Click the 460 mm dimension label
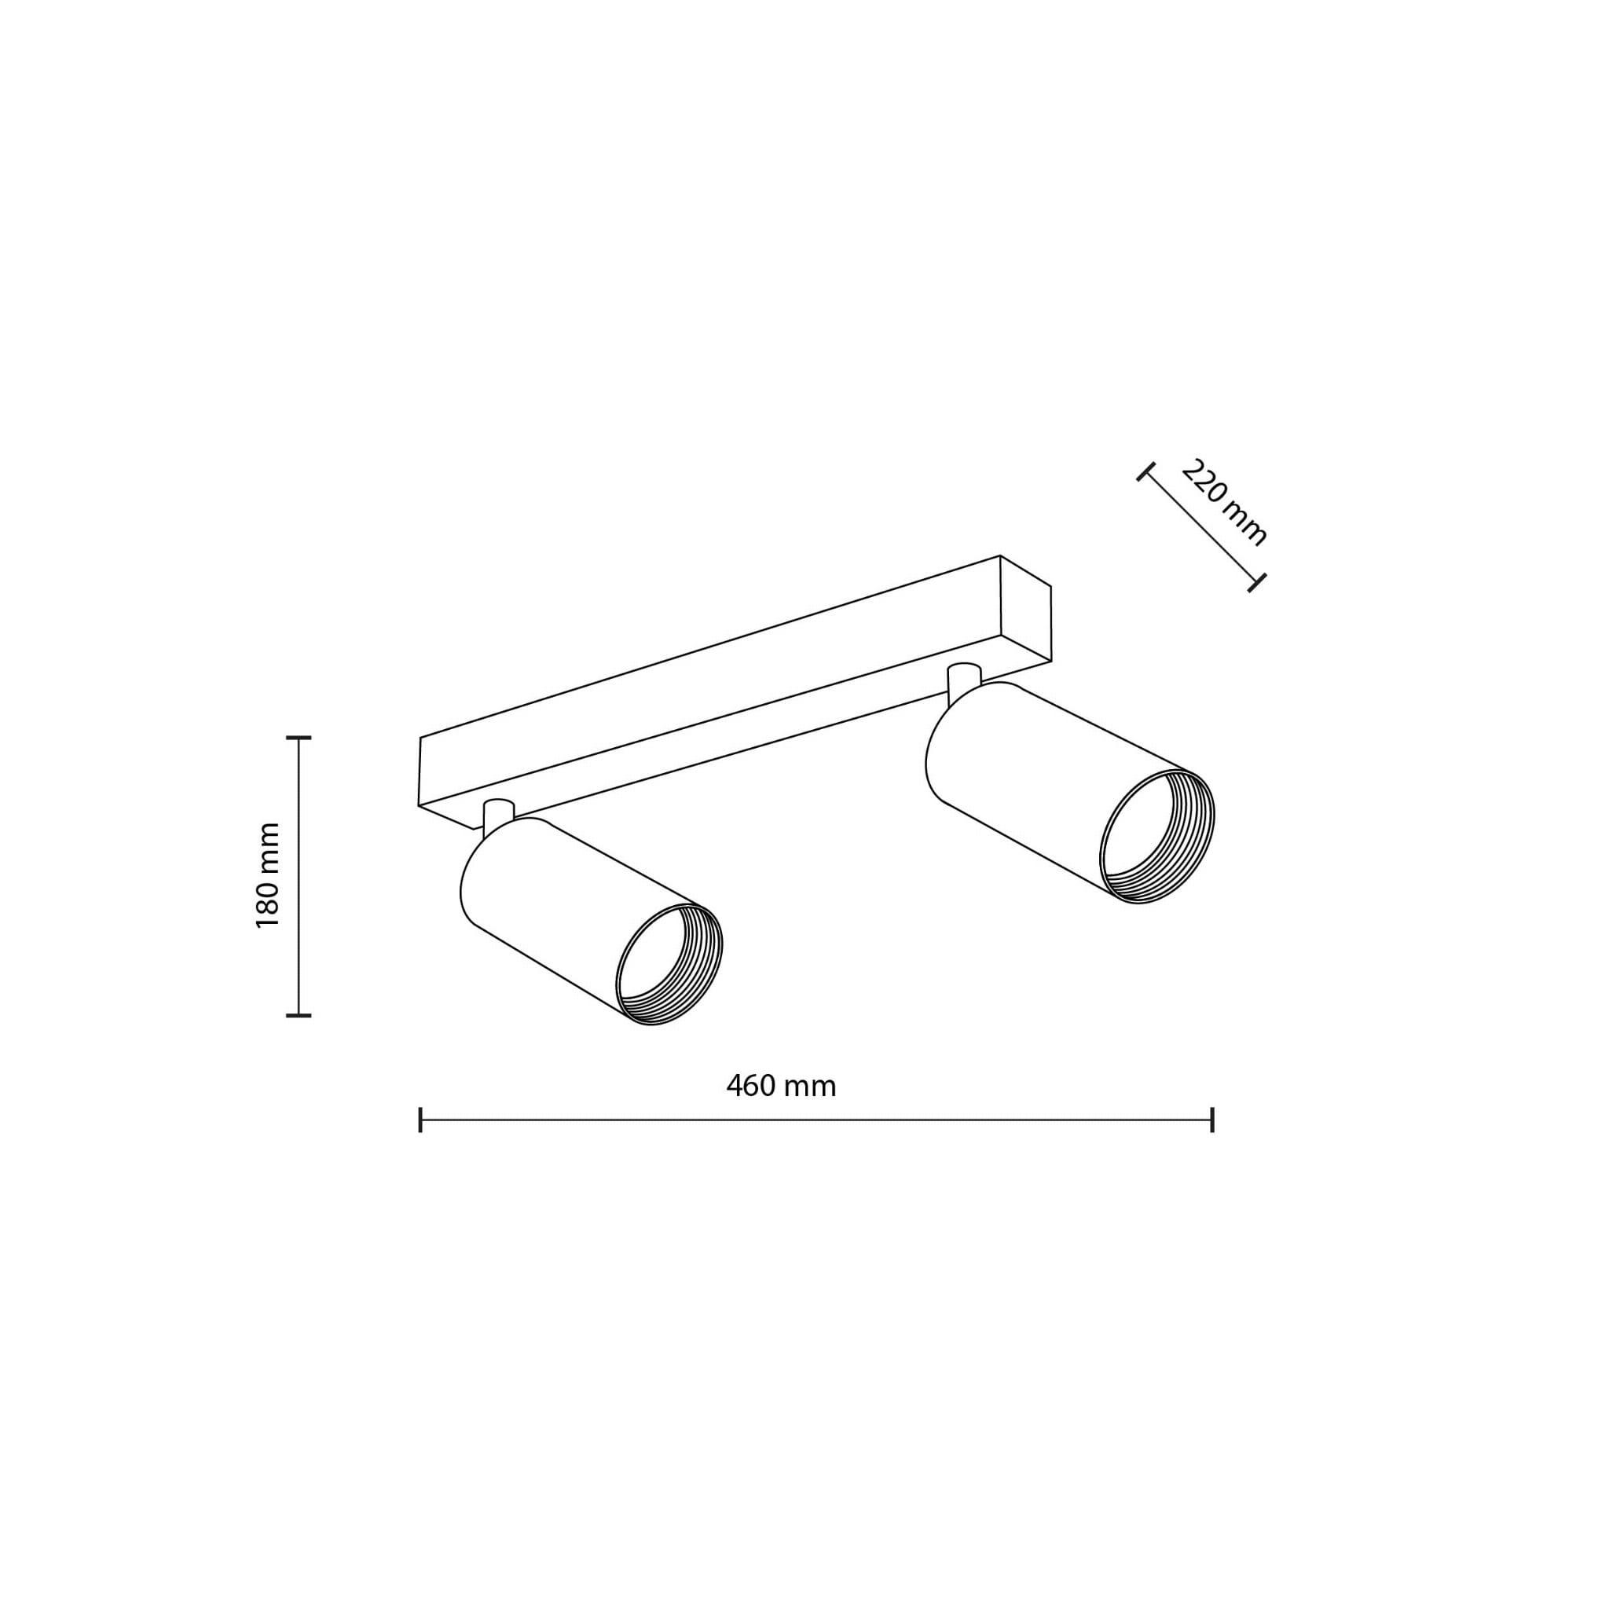tap(781, 1086)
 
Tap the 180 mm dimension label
tap(268, 875)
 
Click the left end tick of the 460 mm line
tap(420, 1120)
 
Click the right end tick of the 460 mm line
tap(1212, 1120)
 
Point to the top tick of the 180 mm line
tap(298, 738)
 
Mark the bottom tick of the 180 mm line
tap(298, 1015)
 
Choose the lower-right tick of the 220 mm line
tap(1257, 583)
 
